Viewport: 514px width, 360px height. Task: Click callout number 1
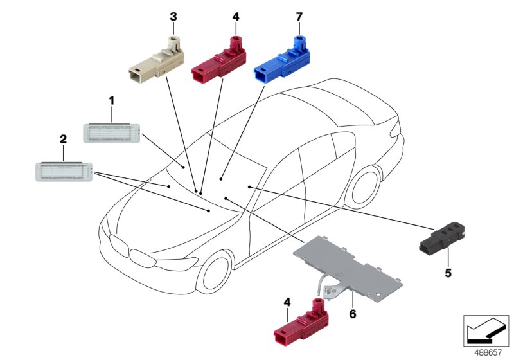tap(111, 100)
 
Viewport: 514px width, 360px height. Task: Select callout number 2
tap(63, 139)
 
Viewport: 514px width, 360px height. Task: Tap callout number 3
tap(173, 15)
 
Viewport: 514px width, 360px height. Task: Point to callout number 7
tap(299, 15)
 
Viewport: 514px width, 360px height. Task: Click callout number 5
tap(448, 273)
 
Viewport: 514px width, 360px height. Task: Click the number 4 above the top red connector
tap(235, 15)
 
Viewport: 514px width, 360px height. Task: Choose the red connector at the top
tap(218, 62)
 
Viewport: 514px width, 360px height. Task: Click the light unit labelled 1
tap(112, 133)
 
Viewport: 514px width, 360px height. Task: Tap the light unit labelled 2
tap(63, 172)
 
